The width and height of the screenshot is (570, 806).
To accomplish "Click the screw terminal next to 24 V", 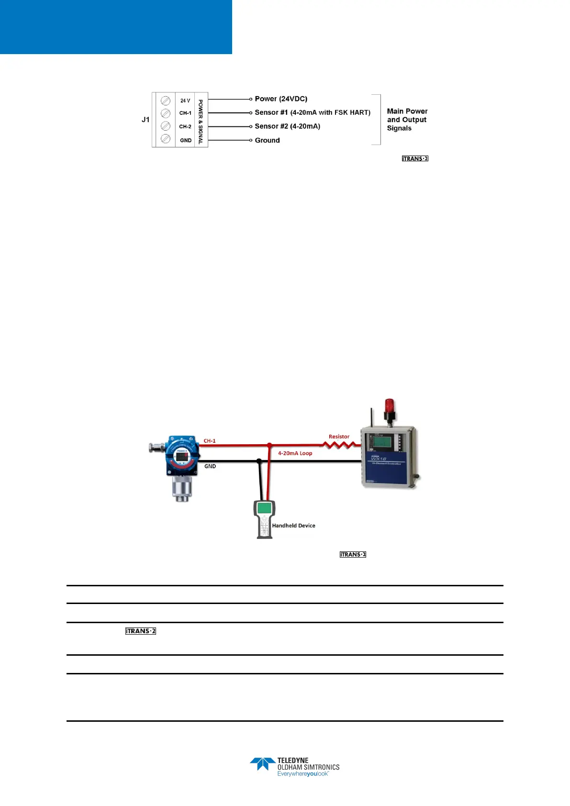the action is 166,101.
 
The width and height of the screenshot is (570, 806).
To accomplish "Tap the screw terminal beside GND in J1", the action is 166,139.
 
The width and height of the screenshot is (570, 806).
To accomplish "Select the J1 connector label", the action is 145,120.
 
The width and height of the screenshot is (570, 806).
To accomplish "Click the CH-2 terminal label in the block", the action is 185,127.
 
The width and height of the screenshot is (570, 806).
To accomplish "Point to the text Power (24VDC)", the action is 281,99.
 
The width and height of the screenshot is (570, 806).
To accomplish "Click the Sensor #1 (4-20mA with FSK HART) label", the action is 313,112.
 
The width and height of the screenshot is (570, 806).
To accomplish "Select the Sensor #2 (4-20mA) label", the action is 287,126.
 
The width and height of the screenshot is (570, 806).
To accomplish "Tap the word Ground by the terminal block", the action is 267,140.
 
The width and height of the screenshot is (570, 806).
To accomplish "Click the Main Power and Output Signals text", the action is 407,120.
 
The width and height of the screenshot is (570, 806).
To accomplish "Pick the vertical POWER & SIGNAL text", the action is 201,122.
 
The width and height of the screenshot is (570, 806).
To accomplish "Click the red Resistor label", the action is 339,437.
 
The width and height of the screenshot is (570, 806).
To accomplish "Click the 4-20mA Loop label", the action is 295,453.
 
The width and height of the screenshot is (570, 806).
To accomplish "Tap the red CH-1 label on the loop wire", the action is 210,441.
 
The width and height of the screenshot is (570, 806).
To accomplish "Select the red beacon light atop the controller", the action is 390,406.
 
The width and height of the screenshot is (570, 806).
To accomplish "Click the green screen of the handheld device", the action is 264,508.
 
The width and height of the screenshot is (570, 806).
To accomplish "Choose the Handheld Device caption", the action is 293,526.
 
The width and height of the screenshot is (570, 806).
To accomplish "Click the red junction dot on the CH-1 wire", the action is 269,445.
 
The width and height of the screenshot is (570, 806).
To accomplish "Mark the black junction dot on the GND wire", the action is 259,461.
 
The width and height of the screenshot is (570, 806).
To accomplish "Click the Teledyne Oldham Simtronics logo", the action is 294,767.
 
